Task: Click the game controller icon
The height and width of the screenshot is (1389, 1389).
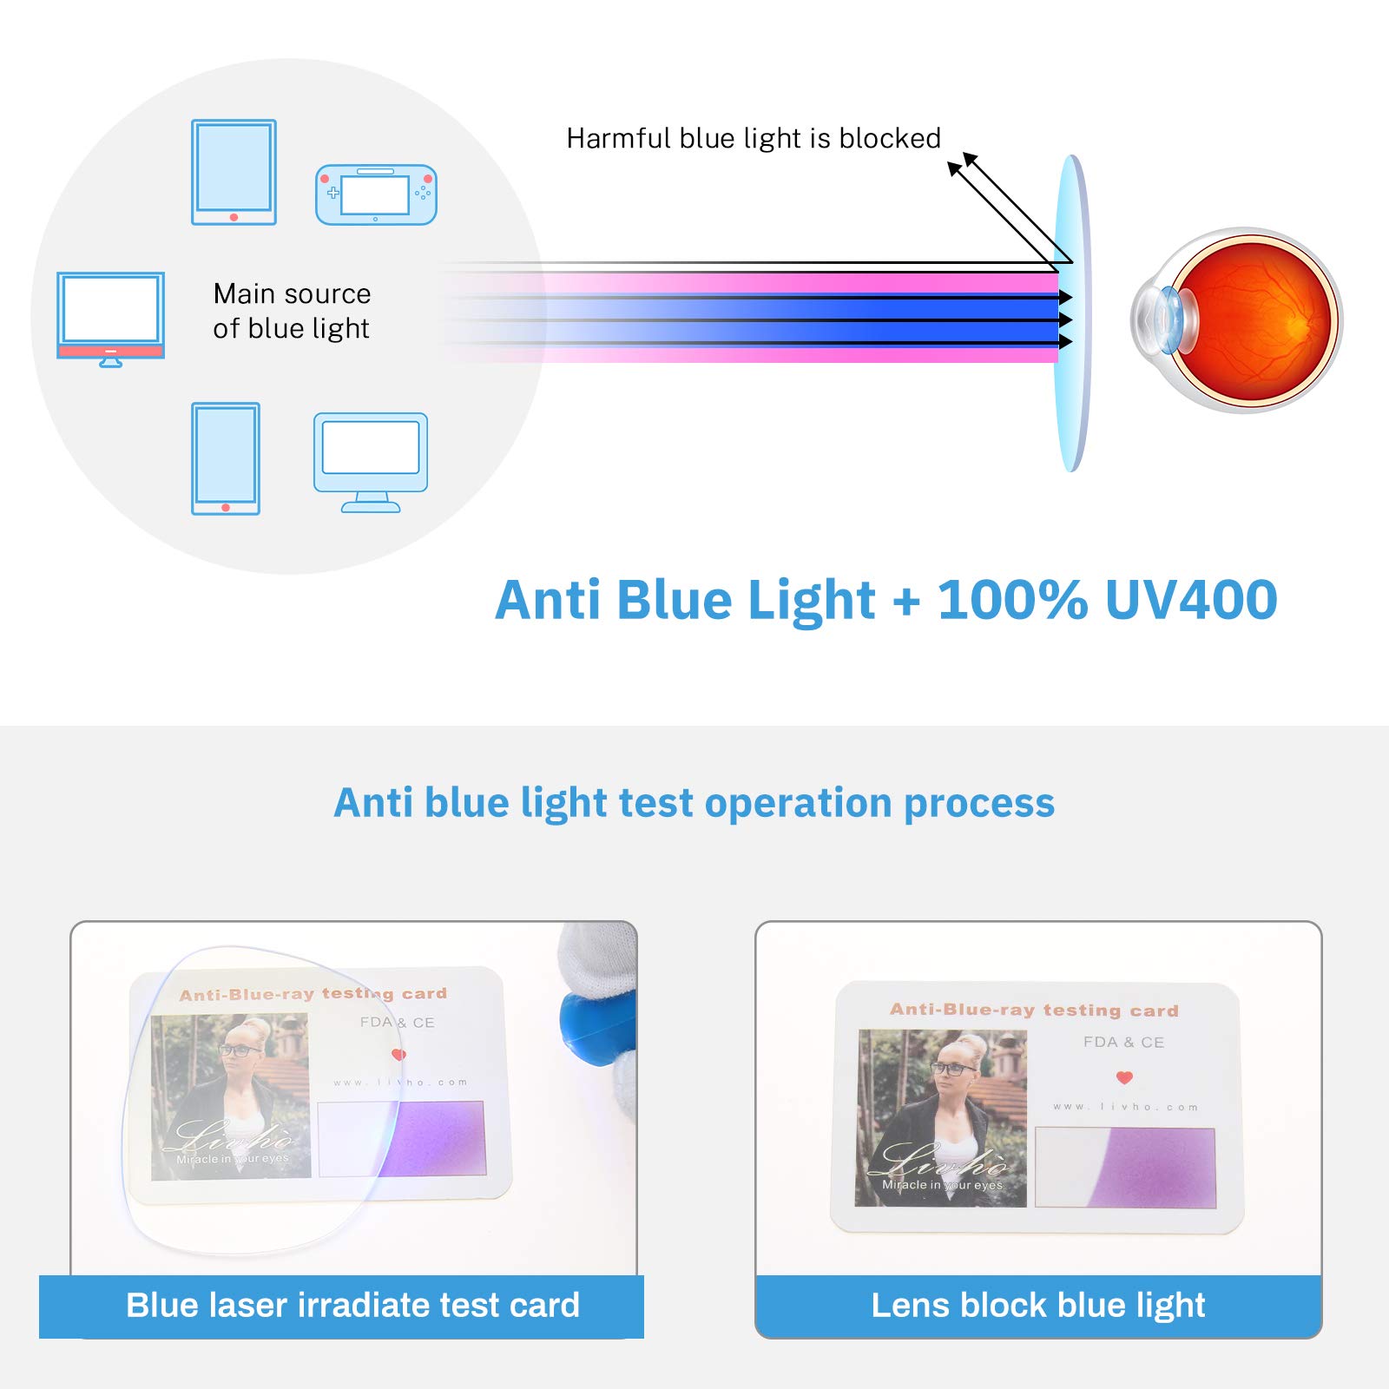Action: (376, 194)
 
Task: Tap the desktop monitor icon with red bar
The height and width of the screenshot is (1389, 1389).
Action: (110, 318)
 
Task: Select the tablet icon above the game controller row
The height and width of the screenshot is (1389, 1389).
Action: (234, 172)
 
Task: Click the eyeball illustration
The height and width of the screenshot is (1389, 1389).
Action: (1238, 319)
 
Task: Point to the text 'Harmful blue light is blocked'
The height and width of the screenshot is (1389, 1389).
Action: (753, 139)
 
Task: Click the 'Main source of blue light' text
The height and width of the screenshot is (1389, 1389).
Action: (292, 311)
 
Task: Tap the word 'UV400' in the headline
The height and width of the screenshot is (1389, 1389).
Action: (1191, 600)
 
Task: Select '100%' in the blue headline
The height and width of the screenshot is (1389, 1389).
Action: (1012, 600)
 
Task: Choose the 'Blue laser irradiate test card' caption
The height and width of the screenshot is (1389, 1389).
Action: (352, 1305)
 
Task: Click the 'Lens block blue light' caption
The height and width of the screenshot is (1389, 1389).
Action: (1037, 1305)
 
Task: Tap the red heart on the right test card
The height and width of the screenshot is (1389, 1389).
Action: (1124, 1077)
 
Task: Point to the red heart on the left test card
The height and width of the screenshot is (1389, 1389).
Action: (398, 1055)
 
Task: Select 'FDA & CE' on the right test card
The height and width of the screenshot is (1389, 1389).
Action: (1123, 1042)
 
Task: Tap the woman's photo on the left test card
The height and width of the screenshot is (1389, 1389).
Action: (231, 1096)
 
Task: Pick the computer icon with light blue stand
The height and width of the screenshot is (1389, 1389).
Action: (371, 461)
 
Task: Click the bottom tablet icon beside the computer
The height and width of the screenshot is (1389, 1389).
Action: (226, 458)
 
